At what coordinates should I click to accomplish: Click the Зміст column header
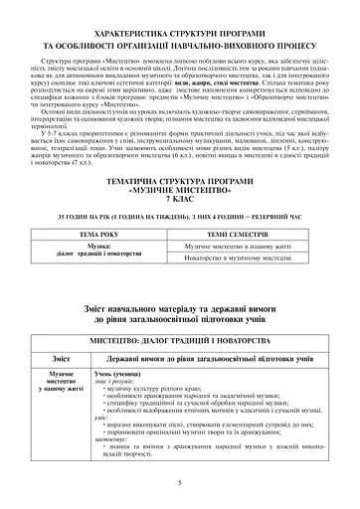[60, 356]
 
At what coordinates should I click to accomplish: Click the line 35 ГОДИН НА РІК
[179, 215]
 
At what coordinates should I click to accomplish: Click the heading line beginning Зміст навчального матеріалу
[179, 306]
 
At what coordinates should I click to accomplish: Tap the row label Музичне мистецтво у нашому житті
[60, 380]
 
